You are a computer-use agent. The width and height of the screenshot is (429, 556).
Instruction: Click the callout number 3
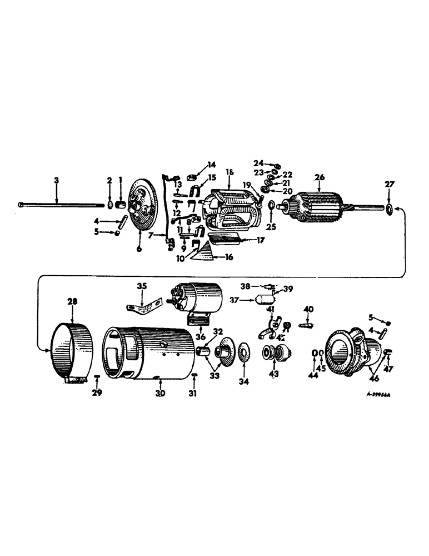click(56, 180)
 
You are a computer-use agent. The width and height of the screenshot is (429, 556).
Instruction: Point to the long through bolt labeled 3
click(61, 205)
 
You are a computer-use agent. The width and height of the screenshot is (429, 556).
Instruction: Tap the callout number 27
click(388, 185)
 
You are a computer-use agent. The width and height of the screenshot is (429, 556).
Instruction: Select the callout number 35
click(142, 287)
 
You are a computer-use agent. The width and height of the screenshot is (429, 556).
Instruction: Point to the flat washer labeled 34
click(242, 354)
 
